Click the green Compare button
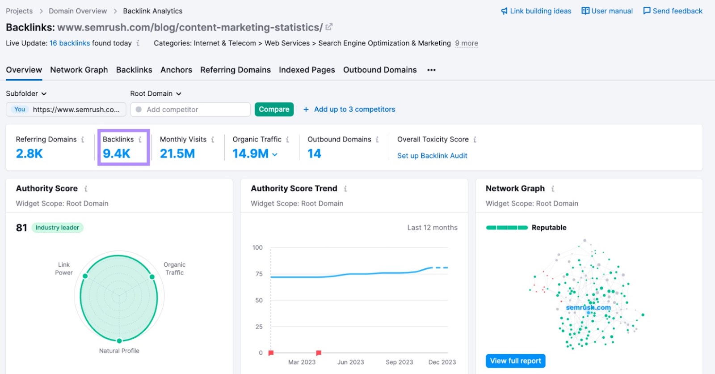click(x=274, y=109)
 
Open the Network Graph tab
click(x=79, y=70)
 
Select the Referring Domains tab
click(x=235, y=70)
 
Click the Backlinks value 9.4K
click(x=116, y=153)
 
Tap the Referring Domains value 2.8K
click(x=29, y=153)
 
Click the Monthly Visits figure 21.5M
click(x=177, y=153)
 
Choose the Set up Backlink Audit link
click(x=432, y=156)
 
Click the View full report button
click(x=515, y=361)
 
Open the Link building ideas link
click(x=536, y=11)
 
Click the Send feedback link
click(x=673, y=11)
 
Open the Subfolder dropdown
click(x=26, y=93)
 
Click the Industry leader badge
click(x=57, y=228)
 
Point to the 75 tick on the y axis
click(x=259, y=274)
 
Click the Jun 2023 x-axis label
click(x=350, y=362)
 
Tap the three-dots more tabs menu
click(x=431, y=70)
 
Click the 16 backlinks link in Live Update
click(x=69, y=43)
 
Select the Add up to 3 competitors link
click(x=354, y=109)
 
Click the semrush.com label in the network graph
click(x=588, y=308)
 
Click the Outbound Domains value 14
click(x=314, y=153)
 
